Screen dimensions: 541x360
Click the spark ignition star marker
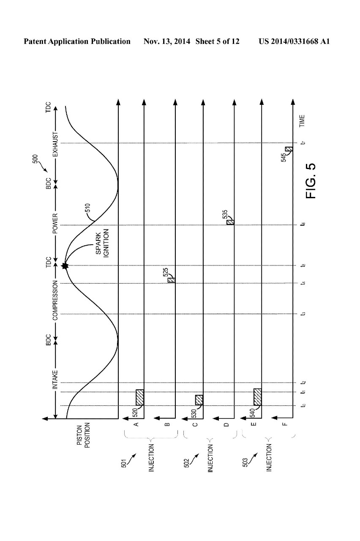coord(65,266)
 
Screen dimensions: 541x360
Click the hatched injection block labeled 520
coord(140,397)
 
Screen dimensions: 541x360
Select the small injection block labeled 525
coord(171,280)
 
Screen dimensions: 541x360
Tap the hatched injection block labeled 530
coord(199,400)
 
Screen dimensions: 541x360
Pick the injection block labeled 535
coord(230,222)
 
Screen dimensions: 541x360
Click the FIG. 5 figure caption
coord(311,180)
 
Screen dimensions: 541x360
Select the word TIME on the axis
coord(302,121)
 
